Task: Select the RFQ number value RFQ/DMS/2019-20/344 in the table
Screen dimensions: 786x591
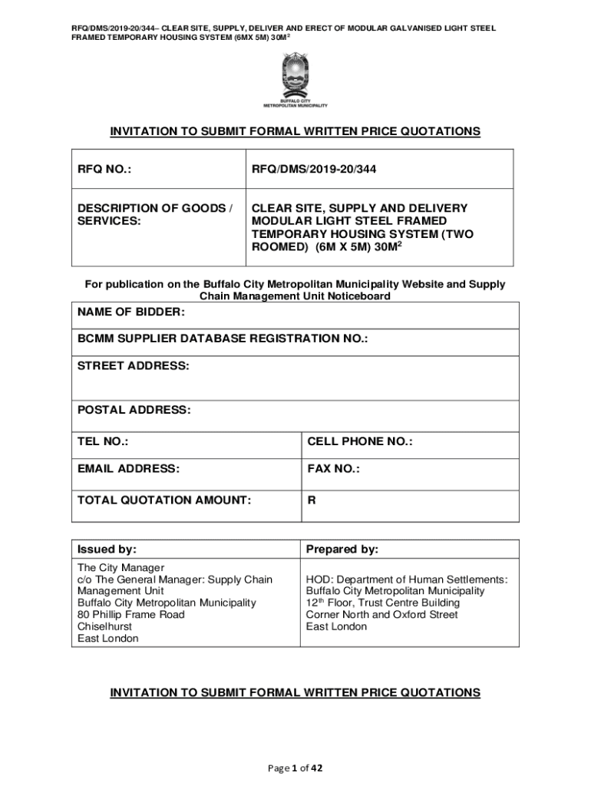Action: click(315, 169)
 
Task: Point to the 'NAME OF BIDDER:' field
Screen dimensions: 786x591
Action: click(131, 312)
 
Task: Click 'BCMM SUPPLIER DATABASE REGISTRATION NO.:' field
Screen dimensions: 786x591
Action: click(223, 339)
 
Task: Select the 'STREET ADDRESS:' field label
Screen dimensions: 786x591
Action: click(133, 366)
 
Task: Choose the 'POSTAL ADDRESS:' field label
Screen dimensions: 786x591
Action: click(134, 411)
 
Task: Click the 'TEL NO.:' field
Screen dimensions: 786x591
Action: click(103, 441)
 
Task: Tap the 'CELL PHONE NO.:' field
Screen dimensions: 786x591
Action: click(360, 441)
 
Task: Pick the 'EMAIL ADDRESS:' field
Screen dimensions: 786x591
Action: click(128, 468)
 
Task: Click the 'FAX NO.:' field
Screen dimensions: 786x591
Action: click(334, 468)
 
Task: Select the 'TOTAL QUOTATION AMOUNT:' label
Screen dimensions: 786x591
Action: click(164, 500)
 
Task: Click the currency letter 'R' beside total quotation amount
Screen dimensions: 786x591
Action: click(312, 500)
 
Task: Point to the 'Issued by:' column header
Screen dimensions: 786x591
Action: click(107, 550)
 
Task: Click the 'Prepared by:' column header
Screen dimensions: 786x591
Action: click(342, 550)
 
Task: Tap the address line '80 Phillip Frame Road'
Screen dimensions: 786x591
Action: click(131, 615)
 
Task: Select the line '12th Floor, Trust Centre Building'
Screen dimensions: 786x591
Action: click(383, 603)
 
